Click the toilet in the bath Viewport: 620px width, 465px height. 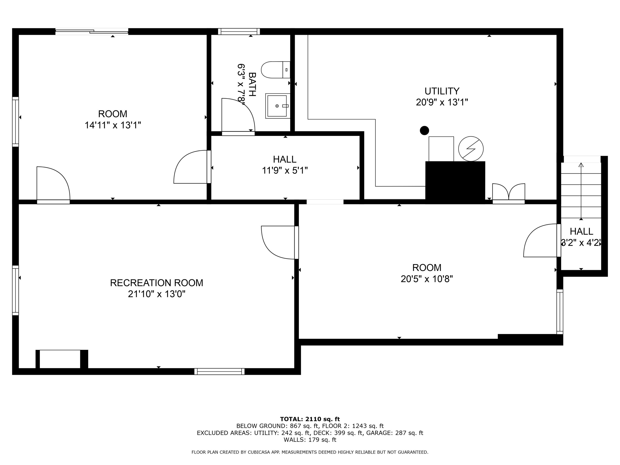[x=275, y=70]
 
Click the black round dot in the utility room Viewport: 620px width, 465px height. [x=424, y=130]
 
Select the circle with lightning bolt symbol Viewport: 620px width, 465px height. [x=471, y=149]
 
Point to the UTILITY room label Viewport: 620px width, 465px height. [x=442, y=91]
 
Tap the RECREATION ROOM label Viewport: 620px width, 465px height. [x=156, y=283]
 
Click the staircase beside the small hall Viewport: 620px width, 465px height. [x=581, y=191]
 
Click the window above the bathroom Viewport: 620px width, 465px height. [x=239, y=31]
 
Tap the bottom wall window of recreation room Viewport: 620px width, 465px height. [x=219, y=371]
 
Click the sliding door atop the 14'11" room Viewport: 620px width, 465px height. [x=92, y=32]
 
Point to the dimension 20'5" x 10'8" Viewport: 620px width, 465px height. [x=427, y=279]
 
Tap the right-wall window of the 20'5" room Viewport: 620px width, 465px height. [x=559, y=312]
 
